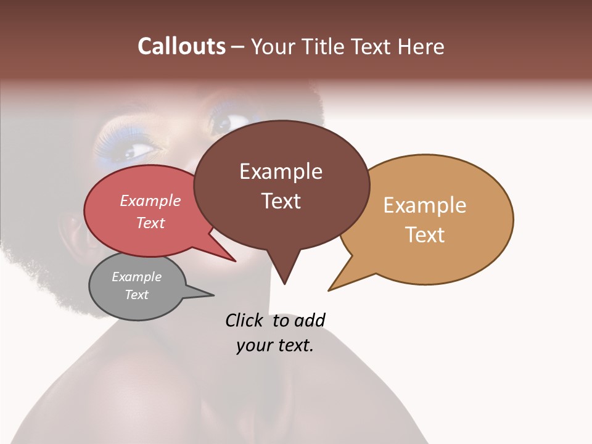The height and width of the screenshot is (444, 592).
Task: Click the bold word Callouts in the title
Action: [x=181, y=46]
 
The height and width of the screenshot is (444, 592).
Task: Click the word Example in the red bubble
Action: [x=150, y=201]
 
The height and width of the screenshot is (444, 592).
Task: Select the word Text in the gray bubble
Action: [x=137, y=295]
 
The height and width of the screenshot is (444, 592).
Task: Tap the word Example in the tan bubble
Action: [x=425, y=205]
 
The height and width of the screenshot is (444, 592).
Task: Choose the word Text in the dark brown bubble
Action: [x=281, y=201]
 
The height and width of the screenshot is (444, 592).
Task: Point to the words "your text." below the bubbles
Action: [x=275, y=345]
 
